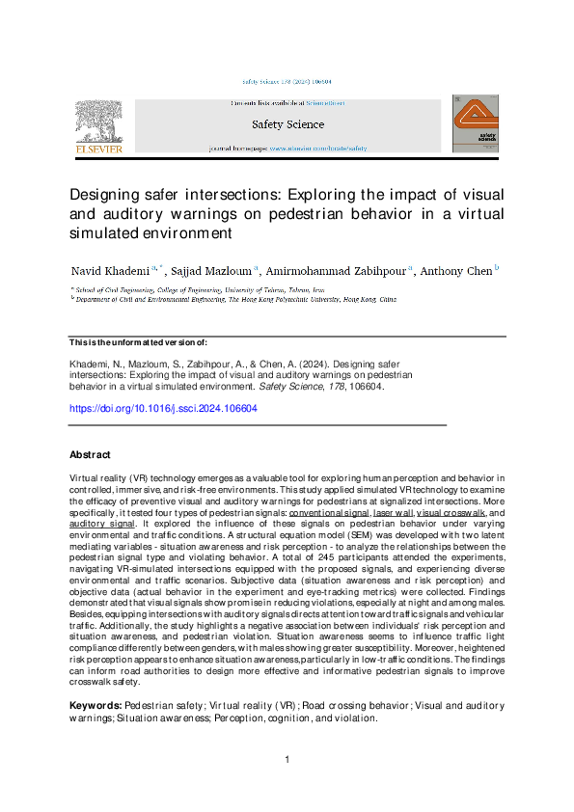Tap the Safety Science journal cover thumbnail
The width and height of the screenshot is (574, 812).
(x=476, y=122)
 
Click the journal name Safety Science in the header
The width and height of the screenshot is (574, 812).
(x=287, y=124)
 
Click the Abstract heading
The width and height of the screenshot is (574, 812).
(x=90, y=454)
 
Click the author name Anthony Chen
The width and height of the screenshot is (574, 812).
(x=456, y=271)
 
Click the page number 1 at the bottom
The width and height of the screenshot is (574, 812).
(x=287, y=761)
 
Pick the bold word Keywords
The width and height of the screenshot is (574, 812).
(x=96, y=706)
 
